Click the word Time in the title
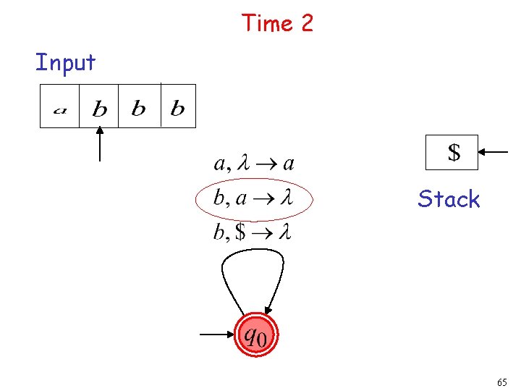coord(264,23)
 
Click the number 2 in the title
coord(306,23)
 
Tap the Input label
coord(65,62)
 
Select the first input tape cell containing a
coord(59,107)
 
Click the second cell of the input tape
coord(99,107)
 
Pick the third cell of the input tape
coord(138,107)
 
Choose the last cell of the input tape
coord(177,107)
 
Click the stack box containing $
coord(452,152)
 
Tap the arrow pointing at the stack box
coord(495,152)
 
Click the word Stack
coord(449,199)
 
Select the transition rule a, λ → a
coord(253,163)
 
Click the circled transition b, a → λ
coord(253,198)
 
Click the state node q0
coord(255,335)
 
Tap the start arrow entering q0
coord(216,335)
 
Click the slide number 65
coord(501,382)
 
